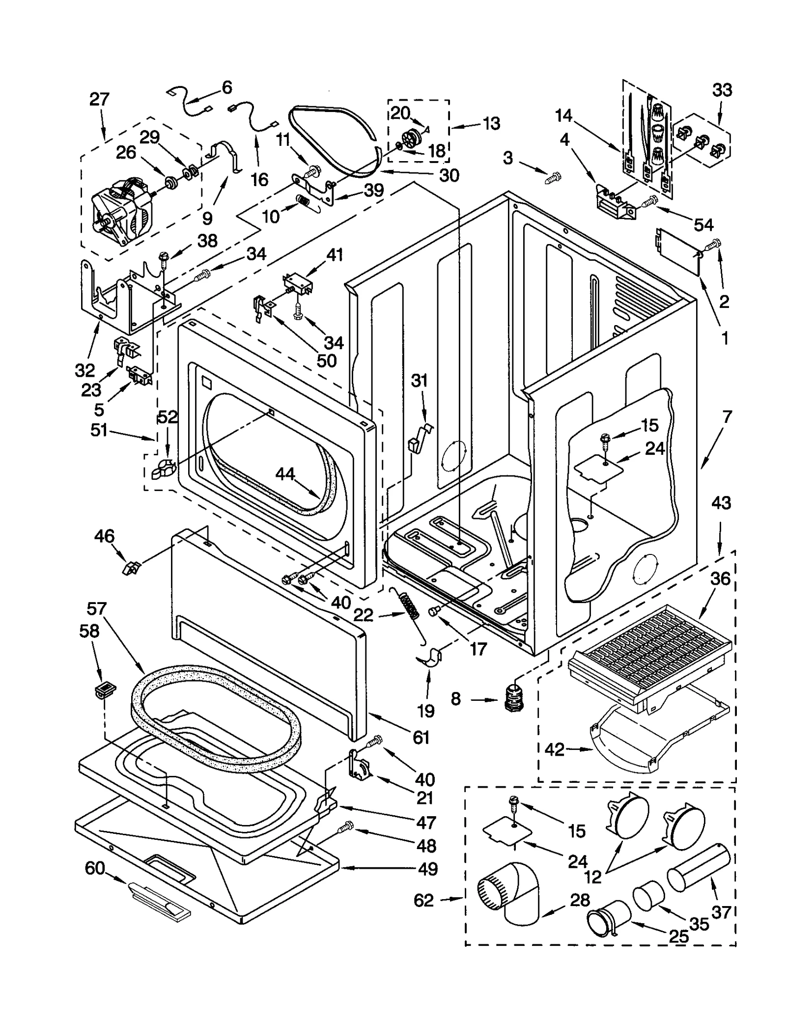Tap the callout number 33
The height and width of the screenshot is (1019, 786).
tap(722, 90)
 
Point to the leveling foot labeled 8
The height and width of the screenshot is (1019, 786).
tap(513, 696)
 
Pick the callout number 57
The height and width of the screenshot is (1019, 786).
tap(96, 609)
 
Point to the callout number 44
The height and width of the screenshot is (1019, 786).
tap(285, 473)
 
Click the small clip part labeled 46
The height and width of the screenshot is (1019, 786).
tap(130, 569)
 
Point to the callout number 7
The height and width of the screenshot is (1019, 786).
tap(727, 417)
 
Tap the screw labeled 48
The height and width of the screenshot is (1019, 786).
tap(347, 827)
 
